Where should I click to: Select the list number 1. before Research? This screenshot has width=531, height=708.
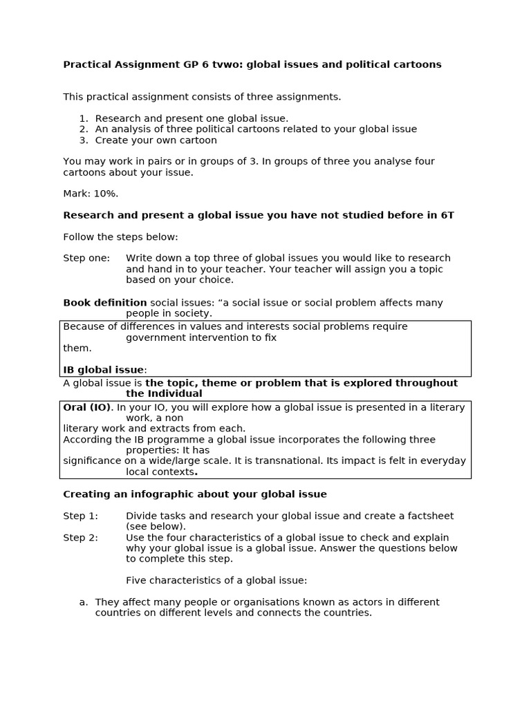[84, 119]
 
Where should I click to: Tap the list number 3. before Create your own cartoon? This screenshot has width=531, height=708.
[84, 140]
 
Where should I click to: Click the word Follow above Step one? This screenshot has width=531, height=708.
[80, 237]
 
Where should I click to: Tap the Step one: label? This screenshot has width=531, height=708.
[86, 259]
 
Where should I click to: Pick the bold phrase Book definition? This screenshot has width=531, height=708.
[104, 303]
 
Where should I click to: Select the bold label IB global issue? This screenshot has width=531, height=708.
[104, 370]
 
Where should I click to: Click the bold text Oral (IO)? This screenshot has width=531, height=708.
[87, 408]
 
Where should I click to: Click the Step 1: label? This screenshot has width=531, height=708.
[80, 516]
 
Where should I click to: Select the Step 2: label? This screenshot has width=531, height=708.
[80, 538]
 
